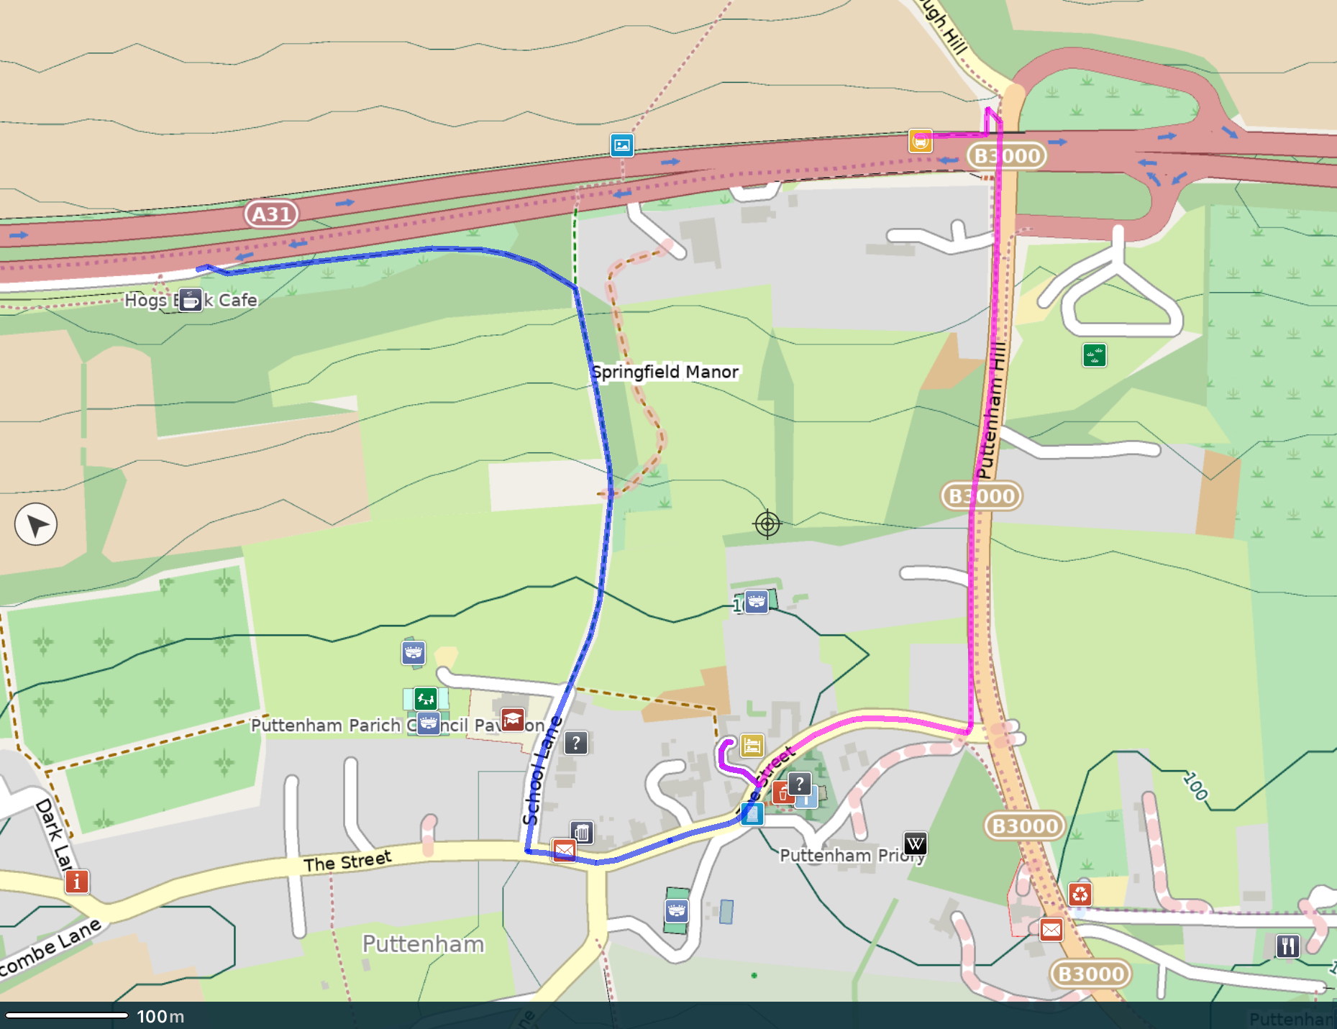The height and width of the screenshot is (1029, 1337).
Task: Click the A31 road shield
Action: tap(271, 214)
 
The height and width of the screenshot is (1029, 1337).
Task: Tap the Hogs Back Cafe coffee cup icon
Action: tap(190, 300)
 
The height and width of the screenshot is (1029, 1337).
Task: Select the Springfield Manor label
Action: tap(665, 372)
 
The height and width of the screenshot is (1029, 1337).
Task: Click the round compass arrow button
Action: tap(36, 525)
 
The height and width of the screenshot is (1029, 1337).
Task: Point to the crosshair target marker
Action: tap(767, 524)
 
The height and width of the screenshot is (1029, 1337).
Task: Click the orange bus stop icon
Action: tap(921, 141)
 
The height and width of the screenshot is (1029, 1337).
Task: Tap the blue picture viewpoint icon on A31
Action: tap(622, 145)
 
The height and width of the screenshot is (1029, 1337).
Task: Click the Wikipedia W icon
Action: tap(915, 843)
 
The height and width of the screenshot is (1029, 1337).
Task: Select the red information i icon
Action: tap(77, 881)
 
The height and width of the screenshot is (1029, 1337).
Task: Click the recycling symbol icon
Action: tap(1080, 894)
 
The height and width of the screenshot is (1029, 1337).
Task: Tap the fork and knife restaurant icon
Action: tap(1287, 946)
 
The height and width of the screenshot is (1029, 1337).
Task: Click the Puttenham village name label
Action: tap(423, 943)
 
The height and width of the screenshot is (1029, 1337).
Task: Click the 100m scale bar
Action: tap(67, 1015)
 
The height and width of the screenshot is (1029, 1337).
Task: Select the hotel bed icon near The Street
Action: tap(752, 746)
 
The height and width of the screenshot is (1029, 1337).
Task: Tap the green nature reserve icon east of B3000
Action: tap(1094, 355)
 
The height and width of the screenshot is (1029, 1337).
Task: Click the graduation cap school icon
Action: tap(512, 719)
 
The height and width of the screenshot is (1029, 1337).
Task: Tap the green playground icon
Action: tap(425, 698)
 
